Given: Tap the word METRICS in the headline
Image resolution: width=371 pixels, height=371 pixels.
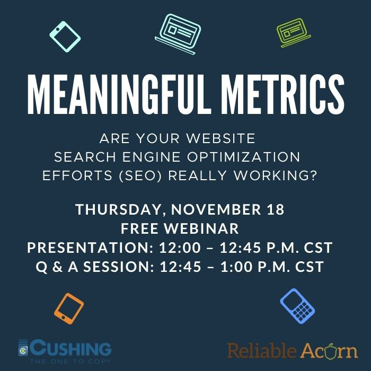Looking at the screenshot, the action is (283, 95).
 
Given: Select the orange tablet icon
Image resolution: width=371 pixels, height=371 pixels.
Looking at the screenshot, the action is (69, 308).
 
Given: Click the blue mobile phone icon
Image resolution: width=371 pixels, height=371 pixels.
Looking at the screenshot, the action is (297, 306).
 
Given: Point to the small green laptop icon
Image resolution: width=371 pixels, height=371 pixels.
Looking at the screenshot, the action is (294, 33).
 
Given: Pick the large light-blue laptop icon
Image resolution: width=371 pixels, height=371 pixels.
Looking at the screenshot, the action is (178, 34).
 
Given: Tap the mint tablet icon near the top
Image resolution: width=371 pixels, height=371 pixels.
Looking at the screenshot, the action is (65, 37).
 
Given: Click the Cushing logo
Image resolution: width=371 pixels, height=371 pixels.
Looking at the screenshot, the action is (65, 351).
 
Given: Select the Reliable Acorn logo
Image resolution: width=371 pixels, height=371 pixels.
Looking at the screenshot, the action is (293, 350).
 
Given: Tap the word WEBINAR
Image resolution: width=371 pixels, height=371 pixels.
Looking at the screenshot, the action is (201, 228).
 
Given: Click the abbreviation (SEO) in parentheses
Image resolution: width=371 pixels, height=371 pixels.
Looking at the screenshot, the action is (140, 175).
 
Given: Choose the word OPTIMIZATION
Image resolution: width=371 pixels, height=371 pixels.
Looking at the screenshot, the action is (243, 157).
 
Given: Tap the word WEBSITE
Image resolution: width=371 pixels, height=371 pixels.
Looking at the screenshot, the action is (221, 138).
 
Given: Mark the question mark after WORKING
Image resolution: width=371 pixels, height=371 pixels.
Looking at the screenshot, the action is (313, 175).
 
